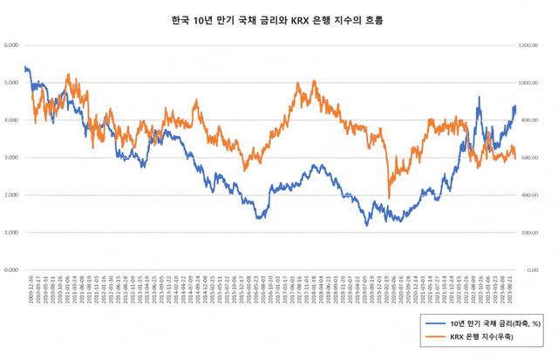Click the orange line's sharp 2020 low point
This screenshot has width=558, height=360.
(x=389, y=198)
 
